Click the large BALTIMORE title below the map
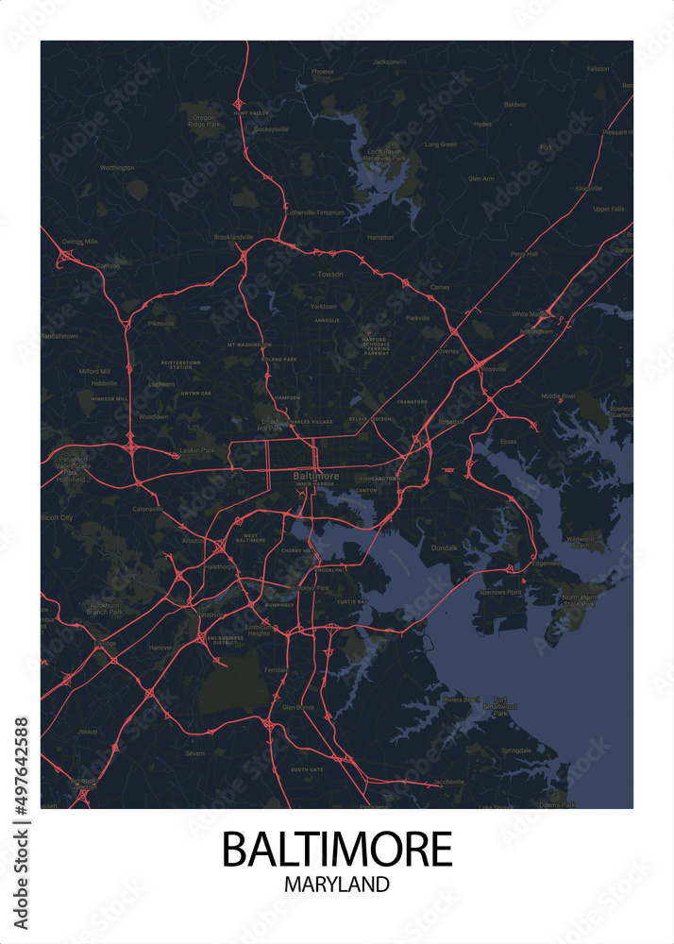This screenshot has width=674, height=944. click(x=337, y=850)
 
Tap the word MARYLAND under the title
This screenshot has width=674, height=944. click(x=337, y=885)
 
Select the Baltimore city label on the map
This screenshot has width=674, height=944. click(x=316, y=476)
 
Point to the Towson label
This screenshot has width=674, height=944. click(x=330, y=274)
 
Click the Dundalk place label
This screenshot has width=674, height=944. click(x=444, y=548)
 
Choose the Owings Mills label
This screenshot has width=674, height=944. click(x=80, y=242)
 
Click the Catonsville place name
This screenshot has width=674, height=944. click(x=148, y=508)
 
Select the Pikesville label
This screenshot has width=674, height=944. click(x=161, y=324)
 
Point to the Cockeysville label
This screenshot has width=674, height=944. click(x=271, y=128)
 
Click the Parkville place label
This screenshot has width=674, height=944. click(x=417, y=317)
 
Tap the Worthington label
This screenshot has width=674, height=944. click(x=117, y=168)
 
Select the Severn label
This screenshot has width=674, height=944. click(x=194, y=753)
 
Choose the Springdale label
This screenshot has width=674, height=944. click(x=517, y=750)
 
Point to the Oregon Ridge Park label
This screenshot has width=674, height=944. click(x=203, y=120)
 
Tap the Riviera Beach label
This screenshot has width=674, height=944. click(x=462, y=700)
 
